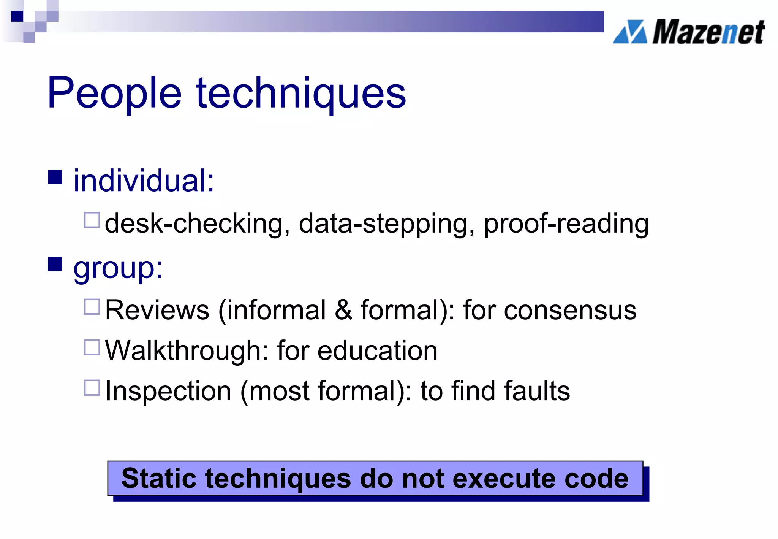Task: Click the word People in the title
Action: click(x=114, y=93)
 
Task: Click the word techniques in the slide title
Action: click(x=301, y=93)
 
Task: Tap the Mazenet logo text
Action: click(x=708, y=32)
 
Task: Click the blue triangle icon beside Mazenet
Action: click(x=630, y=32)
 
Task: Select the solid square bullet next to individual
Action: click(x=55, y=177)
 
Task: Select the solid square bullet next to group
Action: click(x=55, y=264)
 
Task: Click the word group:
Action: click(x=118, y=268)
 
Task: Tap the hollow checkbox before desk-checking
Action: click(x=92, y=220)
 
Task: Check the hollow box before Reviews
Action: click(x=92, y=307)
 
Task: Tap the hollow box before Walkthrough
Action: click(x=92, y=347)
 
